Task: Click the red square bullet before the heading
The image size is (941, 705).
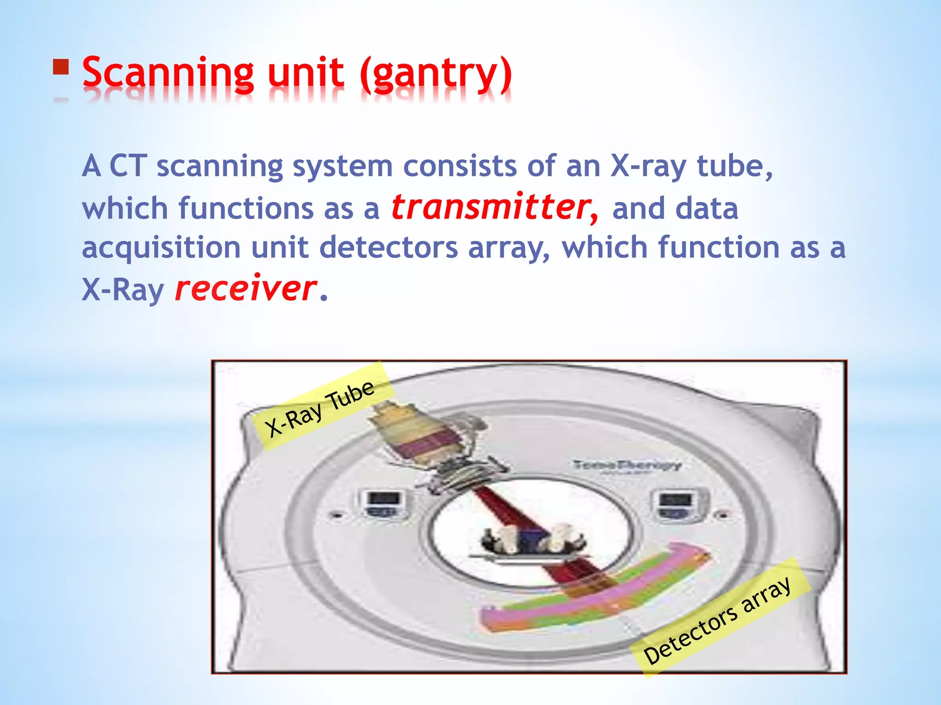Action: pyautogui.click(x=61, y=67)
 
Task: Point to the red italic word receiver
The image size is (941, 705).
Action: pyautogui.click(x=245, y=289)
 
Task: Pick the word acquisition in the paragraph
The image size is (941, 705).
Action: pyautogui.click(x=161, y=248)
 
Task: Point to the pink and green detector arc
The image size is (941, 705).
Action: pyautogui.click(x=597, y=592)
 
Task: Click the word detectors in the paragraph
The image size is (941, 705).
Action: pyautogui.click(x=388, y=248)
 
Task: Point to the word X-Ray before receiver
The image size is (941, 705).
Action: pyautogui.click(x=123, y=290)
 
